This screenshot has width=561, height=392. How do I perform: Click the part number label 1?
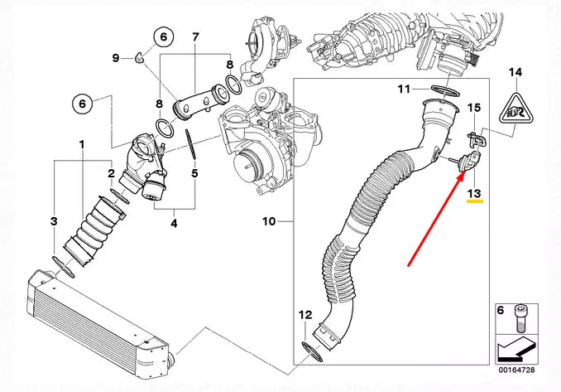[x=81, y=145]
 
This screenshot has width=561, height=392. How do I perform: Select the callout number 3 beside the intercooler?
[x=54, y=221]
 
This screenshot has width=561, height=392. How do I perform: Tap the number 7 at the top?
[x=195, y=37]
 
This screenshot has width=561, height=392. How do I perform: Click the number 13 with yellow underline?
[x=473, y=194]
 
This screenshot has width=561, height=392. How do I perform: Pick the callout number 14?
[x=515, y=73]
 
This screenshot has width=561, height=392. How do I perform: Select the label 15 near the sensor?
[x=474, y=108]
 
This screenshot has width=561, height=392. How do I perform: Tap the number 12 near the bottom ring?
[x=305, y=315]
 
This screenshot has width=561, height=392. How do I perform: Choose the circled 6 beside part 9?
[x=163, y=36]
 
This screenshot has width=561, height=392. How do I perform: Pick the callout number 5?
[x=194, y=174]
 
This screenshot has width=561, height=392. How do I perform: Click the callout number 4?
[x=175, y=222]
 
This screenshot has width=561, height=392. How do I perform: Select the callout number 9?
[x=117, y=56]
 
